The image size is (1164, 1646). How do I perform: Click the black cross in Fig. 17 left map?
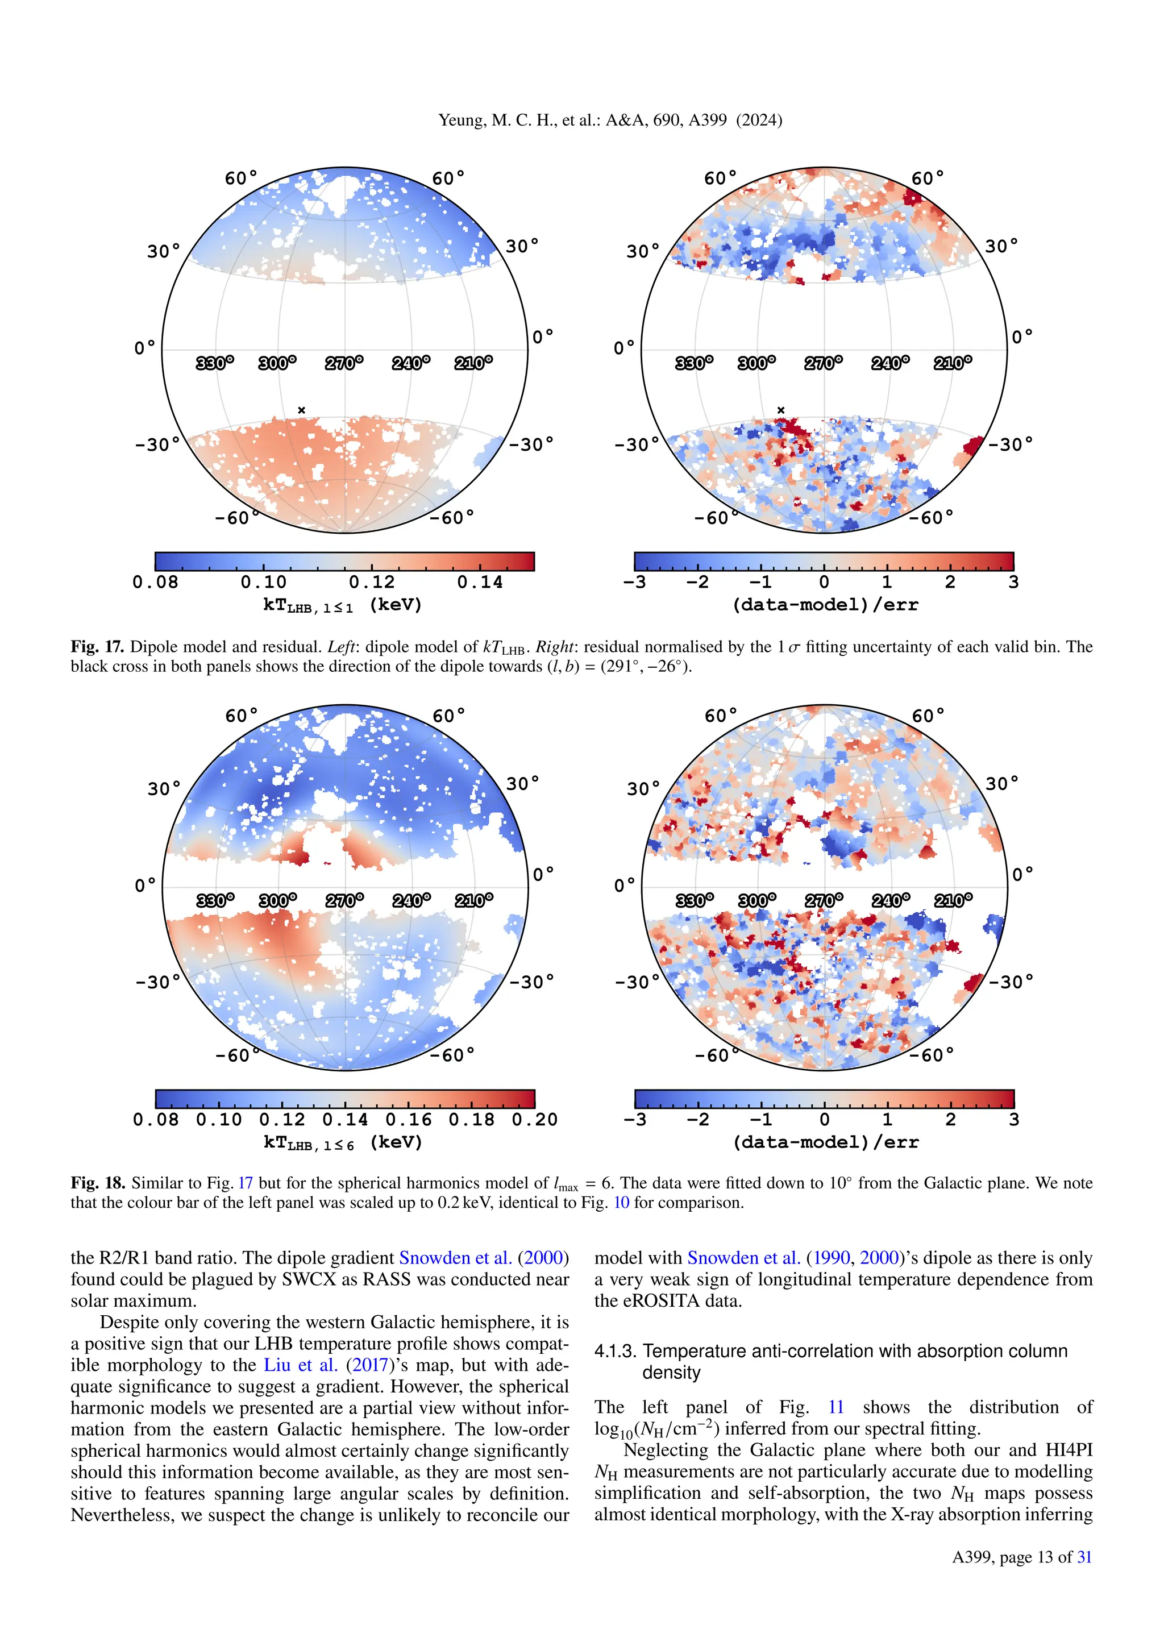(x=302, y=410)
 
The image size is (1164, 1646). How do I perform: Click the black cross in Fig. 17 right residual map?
(x=781, y=410)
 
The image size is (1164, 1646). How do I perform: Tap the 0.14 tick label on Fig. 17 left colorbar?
(x=480, y=582)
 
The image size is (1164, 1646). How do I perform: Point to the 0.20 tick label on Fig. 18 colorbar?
(x=534, y=1119)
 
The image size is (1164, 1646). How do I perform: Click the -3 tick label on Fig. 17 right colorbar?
(x=635, y=582)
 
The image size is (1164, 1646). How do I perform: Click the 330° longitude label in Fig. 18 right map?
(x=695, y=900)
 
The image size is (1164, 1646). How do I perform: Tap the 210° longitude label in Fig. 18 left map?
(x=474, y=900)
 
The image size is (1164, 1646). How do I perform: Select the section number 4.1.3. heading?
(x=616, y=1352)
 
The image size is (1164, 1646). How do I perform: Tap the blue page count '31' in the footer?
(x=1084, y=1557)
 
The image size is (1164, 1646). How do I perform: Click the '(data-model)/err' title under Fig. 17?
(x=824, y=605)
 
